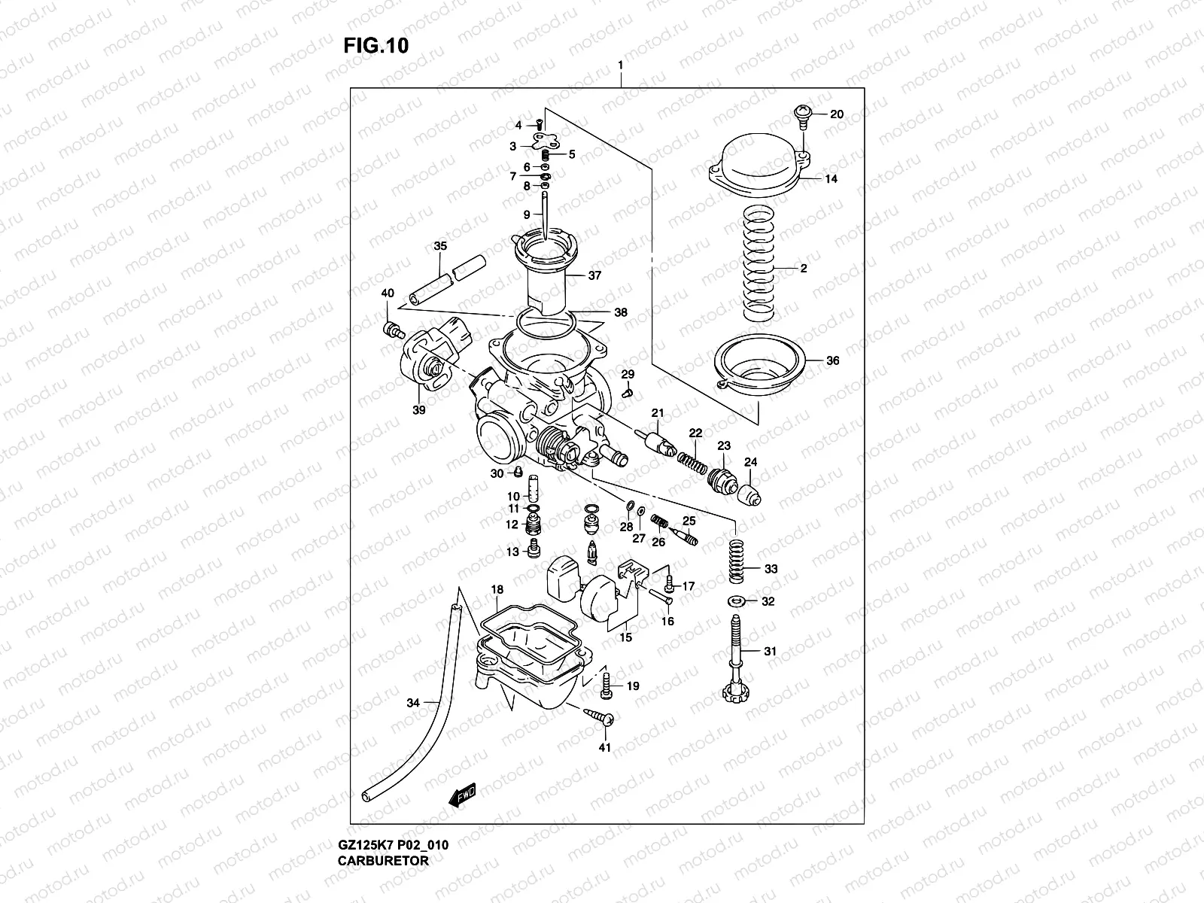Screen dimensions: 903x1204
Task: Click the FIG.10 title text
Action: click(375, 46)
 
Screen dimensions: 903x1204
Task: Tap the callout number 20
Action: click(837, 114)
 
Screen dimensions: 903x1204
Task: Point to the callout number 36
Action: click(832, 360)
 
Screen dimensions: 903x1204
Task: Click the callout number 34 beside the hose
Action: click(413, 703)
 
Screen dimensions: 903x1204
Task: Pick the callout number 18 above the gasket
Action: click(497, 589)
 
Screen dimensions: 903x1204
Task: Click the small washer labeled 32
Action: click(737, 600)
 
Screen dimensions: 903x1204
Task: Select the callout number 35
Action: click(440, 246)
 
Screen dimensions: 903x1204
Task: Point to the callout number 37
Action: click(594, 275)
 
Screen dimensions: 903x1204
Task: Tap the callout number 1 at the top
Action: click(620, 65)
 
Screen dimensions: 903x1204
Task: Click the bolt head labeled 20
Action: click(803, 114)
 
